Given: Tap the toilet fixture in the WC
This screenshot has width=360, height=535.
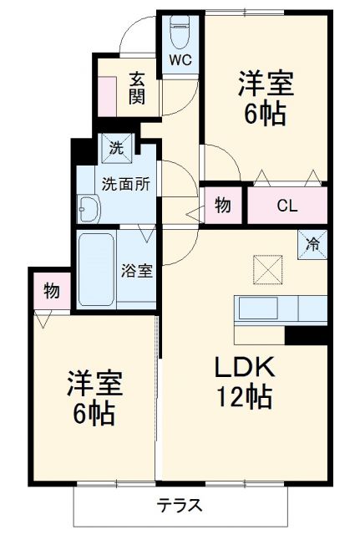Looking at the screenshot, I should [x=180, y=33].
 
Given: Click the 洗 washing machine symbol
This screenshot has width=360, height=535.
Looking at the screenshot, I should [x=116, y=150].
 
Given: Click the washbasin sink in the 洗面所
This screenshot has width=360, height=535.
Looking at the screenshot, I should [x=87, y=209].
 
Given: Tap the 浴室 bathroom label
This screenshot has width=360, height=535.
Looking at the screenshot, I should [x=136, y=270].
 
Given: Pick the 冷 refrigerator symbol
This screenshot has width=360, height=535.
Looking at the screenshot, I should [x=312, y=245].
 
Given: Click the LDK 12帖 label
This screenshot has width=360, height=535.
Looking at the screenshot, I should [x=245, y=383].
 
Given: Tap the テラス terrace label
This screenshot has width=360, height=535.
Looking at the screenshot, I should [x=180, y=506].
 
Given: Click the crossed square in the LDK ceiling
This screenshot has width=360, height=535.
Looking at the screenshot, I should [x=266, y=270].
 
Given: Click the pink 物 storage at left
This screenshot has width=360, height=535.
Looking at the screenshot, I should [x=51, y=292].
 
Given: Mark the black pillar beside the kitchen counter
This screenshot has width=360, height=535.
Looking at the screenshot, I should [x=306, y=334].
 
